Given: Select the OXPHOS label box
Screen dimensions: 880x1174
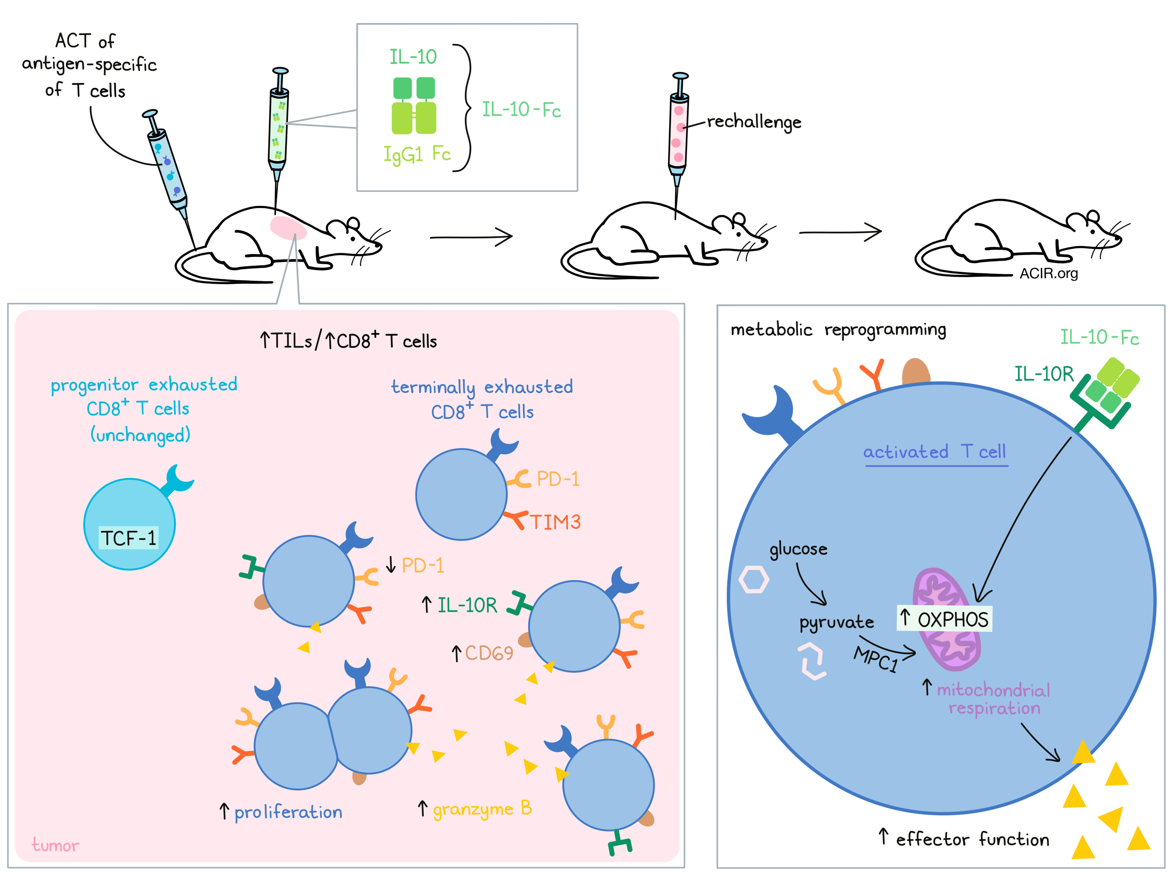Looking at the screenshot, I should (x=944, y=619).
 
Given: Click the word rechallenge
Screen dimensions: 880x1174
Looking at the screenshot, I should (x=754, y=122).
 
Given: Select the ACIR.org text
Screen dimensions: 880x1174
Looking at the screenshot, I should (x=1048, y=273).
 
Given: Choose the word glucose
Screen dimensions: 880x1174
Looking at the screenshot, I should (x=798, y=549).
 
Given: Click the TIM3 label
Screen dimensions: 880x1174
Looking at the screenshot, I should (x=555, y=522).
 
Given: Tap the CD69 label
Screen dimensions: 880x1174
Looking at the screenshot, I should (x=489, y=653).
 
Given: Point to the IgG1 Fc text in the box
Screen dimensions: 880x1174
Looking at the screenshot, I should (x=417, y=154).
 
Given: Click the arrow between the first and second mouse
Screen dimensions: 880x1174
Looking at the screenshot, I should (x=471, y=237).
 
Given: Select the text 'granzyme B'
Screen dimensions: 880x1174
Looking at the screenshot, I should (x=482, y=809).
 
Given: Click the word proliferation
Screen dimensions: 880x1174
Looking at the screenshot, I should (x=288, y=812).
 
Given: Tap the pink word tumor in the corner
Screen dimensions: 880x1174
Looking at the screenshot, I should (x=55, y=845).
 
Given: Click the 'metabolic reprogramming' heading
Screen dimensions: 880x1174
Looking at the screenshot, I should (x=838, y=330).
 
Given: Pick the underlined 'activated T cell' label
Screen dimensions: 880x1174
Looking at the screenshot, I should (x=934, y=452).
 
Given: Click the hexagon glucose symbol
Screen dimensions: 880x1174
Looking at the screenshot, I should (x=754, y=580).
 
